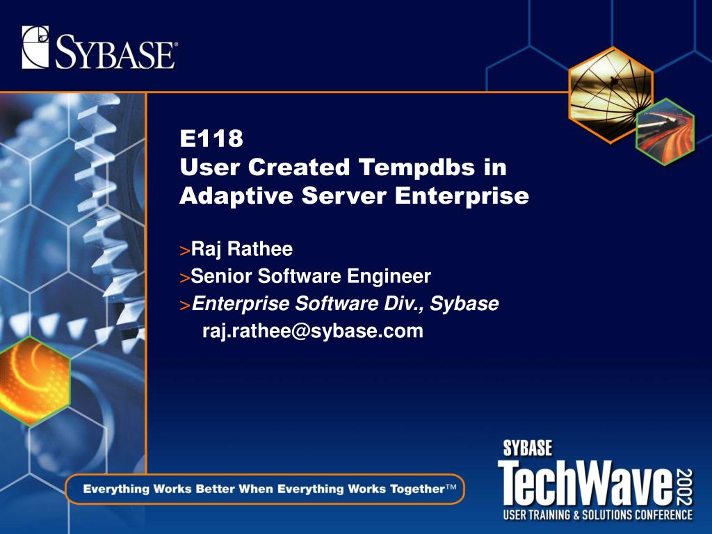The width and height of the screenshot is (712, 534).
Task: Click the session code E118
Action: coord(211,138)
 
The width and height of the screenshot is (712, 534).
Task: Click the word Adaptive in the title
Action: coord(237,196)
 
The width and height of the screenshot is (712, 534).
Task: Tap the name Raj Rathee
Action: coord(241,249)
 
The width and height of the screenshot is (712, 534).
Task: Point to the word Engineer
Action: coord(389,277)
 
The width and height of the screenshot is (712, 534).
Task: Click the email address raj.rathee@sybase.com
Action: coord(313,330)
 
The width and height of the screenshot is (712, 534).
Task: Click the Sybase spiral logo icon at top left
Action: coord(35,47)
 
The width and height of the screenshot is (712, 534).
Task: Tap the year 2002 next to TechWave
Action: coord(685,487)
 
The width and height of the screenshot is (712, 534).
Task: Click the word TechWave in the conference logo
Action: coord(585,483)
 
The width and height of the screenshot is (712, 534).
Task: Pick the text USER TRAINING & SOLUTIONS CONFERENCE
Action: coord(597,515)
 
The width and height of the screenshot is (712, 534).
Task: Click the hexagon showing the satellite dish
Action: coord(610,95)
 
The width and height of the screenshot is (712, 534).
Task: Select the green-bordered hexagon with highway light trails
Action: coord(665,131)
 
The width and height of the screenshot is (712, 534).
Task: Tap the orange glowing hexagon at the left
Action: coord(33,381)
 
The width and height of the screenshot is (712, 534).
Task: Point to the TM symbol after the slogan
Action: coord(451,486)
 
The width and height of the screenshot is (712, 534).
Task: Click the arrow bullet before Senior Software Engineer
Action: coord(184,278)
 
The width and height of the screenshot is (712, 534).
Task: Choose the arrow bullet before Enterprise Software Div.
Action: coord(184,306)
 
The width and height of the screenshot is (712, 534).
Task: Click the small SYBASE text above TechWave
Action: coord(527,448)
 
